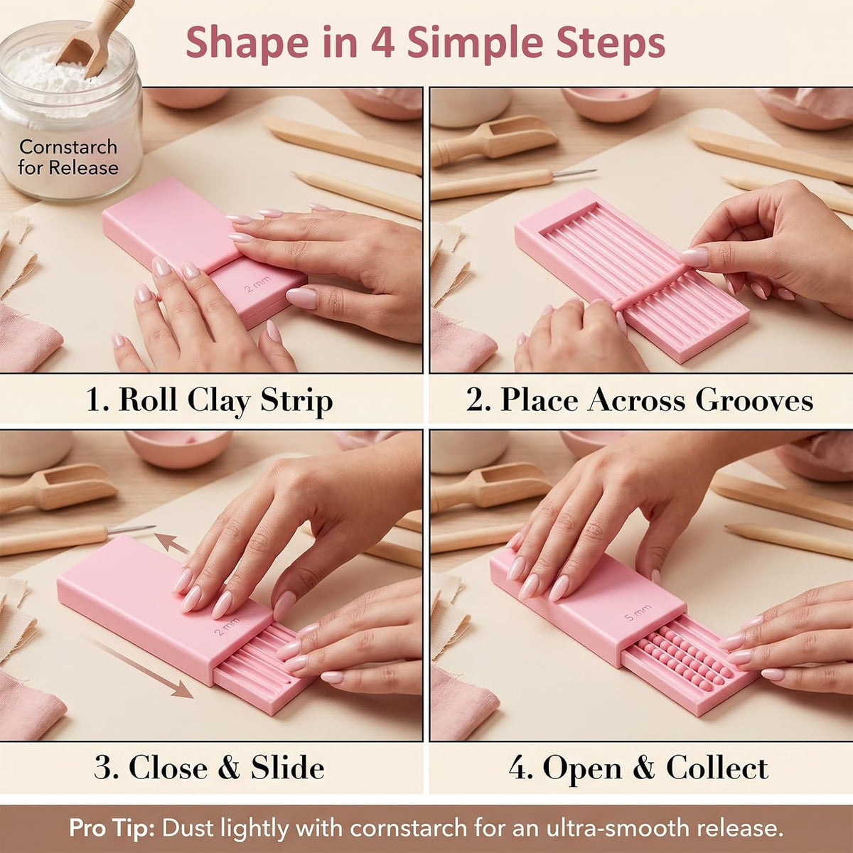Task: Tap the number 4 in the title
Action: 382,43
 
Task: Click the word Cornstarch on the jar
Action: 68,146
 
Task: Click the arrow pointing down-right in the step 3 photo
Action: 141,667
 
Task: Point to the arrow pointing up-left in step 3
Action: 171,542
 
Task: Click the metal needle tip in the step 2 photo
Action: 575,173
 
